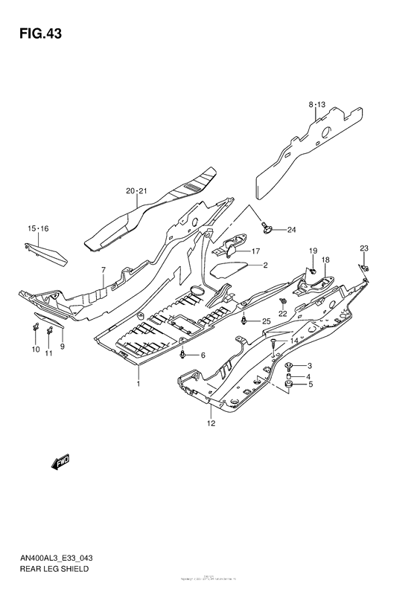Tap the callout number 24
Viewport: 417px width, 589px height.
(x=291, y=229)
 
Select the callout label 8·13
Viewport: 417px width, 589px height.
(x=316, y=106)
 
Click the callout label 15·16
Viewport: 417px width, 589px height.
(x=38, y=228)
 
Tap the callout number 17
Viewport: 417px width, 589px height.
(x=255, y=251)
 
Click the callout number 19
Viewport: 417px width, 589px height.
(x=313, y=250)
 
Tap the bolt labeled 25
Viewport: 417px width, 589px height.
(x=245, y=321)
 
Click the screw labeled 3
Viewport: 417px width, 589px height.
(x=289, y=365)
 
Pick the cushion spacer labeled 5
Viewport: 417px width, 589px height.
(x=289, y=384)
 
